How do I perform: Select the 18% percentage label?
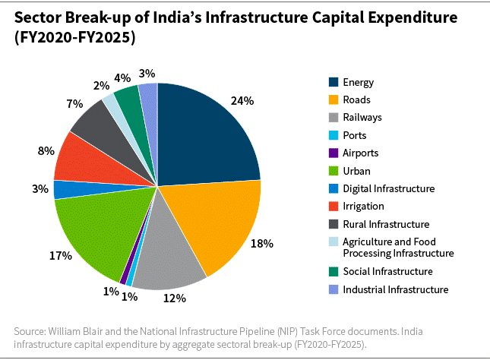click(x=262, y=244)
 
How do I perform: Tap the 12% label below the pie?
click(x=174, y=298)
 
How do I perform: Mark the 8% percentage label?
click(x=46, y=150)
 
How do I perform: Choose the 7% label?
click(x=74, y=104)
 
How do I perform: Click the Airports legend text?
click(x=360, y=153)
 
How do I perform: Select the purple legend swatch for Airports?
click(x=333, y=153)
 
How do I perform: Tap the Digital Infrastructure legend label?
click(x=388, y=188)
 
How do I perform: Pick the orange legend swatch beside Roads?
click(x=333, y=99)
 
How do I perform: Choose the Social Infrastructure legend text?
click(x=387, y=271)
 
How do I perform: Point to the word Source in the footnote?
click(x=31, y=331)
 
